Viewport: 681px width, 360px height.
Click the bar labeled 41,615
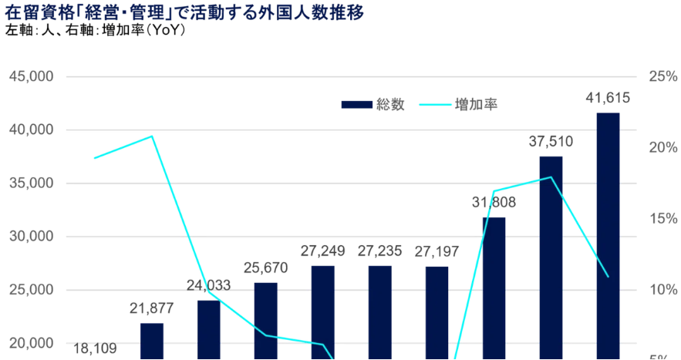tap(608, 235)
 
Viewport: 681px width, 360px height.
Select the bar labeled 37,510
tap(551, 257)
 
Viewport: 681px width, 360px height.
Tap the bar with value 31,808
tap(494, 288)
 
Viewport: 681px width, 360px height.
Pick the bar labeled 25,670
tap(266, 320)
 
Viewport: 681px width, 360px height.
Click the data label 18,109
tap(95, 348)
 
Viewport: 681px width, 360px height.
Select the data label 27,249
tap(323, 251)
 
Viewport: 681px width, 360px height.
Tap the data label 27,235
tap(379, 251)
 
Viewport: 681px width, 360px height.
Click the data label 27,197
tap(437, 251)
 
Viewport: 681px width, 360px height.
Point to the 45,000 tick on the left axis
tap(31, 77)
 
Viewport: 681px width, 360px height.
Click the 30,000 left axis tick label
tap(31, 237)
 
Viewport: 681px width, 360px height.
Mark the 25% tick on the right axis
tap(662, 77)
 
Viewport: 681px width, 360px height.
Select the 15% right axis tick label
tap(662, 219)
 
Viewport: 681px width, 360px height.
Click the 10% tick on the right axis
tap(662, 290)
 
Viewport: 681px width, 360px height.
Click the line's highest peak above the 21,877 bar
tap(152, 136)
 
